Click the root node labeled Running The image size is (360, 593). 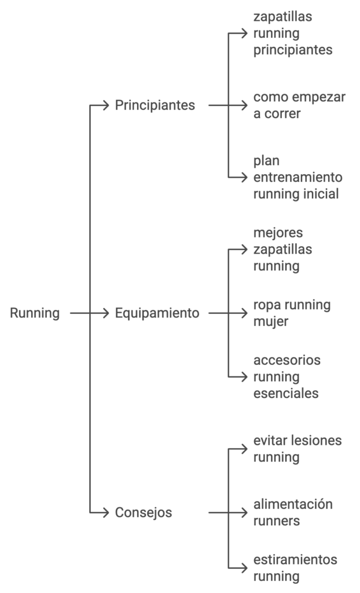click(x=35, y=313)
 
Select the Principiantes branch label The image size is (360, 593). click(x=155, y=105)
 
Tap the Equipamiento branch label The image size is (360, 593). click(x=157, y=313)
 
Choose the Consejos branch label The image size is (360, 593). click(x=144, y=513)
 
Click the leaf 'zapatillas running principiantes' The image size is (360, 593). click(x=292, y=33)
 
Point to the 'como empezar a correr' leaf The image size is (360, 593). click(x=299, y=105)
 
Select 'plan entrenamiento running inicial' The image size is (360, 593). click(x=297, y=177)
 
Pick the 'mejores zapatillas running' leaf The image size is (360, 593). click(x=282, y=250)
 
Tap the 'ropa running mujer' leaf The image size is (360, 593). click(x=292, y=313)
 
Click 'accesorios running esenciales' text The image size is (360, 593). click(x=286, y=377)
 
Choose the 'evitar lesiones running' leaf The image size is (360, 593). click(x=297, y=449)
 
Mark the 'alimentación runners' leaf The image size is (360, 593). click(x=292, y=513)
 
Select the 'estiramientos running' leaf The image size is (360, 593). click(x=295, y=568)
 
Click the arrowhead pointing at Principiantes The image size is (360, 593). click(x=105, y=105)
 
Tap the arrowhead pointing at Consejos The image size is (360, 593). click(x=105, y=513)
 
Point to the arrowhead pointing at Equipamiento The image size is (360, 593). click(x=105, y=313)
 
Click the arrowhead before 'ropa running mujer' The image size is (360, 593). click(x=244, y=313)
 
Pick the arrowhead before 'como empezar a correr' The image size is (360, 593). click(x=244, y=105)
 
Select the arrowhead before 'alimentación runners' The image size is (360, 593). click(x=244, y=513)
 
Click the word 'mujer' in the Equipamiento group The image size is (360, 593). click(x=270, y=322)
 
